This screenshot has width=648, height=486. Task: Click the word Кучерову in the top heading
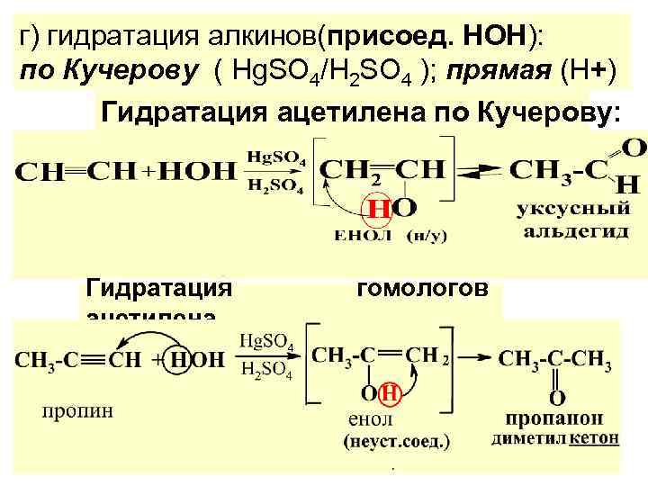[129, 72]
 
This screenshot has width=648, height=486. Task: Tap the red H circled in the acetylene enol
[377, 209]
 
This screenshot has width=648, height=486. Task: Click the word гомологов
[423, 288]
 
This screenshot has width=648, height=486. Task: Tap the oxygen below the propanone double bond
[558, 396]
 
